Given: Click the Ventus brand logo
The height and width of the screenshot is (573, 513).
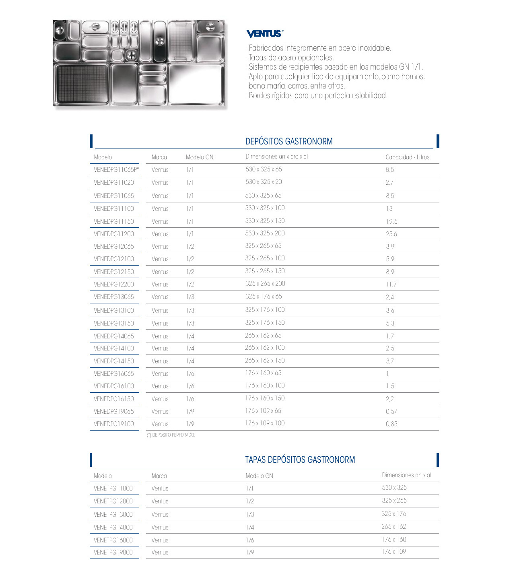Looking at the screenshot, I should [x=264, y=33].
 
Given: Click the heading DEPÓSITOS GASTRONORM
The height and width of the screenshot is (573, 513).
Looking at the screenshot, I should [x=288, y=141].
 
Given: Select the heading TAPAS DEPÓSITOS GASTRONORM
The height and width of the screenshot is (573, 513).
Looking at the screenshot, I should [x=300, y=460].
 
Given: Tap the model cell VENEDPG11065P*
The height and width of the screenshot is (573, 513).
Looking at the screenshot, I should [x=116, y=169].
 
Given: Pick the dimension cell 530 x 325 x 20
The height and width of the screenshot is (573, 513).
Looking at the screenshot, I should [x=264, y=182].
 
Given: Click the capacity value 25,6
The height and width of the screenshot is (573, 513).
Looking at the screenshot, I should [x=391, y=234].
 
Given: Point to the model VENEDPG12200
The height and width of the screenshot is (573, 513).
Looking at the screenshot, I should [x=113, y=284].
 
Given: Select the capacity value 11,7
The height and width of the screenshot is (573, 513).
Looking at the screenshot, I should [x=391, y=284].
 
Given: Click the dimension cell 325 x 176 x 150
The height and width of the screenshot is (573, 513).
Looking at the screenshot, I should [x=265, y=323].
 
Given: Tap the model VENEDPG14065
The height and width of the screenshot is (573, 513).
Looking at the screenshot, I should [x=113, y=336].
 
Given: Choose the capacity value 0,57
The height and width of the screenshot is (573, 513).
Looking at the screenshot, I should [x=391, y=411].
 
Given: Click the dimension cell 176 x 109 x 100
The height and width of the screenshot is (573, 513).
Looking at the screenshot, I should [x=265, y=423].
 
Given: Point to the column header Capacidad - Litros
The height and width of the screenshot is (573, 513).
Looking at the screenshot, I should [x=407, y=157].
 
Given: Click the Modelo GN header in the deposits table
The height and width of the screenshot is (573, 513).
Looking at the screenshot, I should [x=199, y=157].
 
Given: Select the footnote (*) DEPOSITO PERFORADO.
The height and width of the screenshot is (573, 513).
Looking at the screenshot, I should [x=171, y=435].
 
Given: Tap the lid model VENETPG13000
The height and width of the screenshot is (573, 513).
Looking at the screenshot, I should [x=113, y=514].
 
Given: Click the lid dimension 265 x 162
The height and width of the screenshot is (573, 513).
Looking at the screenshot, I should [x=394, y=527].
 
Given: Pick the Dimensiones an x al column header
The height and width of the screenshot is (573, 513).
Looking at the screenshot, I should [x=406, y=475].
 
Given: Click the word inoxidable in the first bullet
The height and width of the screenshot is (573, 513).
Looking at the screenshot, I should [x=371, y=48].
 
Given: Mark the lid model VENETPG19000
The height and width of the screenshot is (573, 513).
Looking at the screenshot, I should [x=113, y=552].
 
